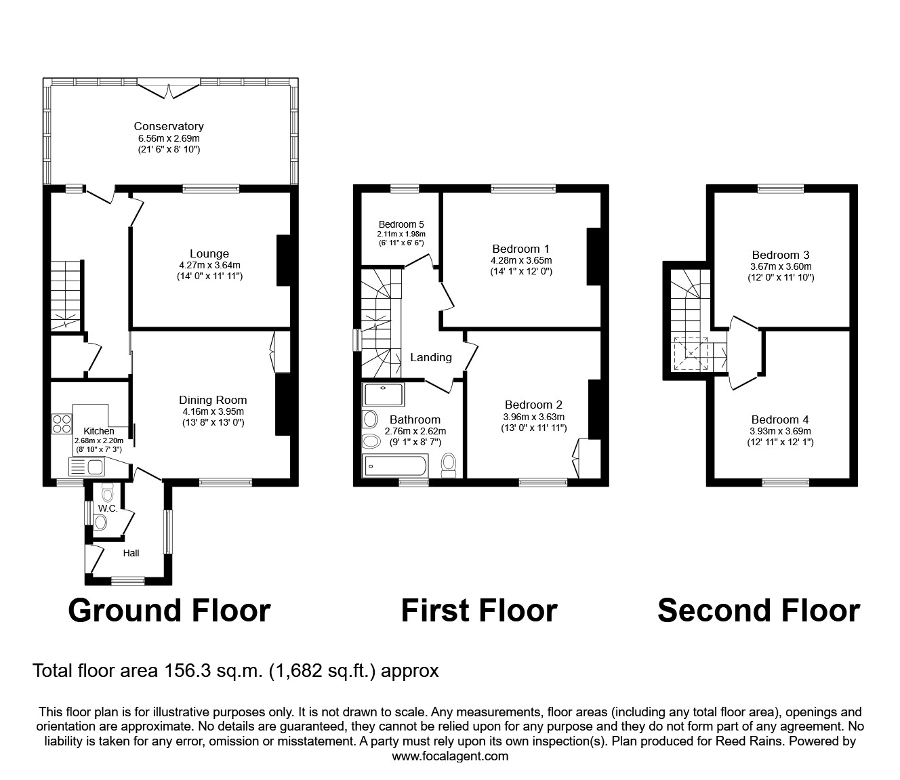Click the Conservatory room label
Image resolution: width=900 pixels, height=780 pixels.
coord(168,126)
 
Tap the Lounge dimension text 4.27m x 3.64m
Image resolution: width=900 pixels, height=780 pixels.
coord(209,265)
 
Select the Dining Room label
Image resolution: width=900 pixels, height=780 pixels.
coord(213,400)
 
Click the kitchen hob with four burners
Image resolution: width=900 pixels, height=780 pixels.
coord(62,424)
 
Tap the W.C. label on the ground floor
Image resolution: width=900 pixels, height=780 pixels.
coord(108,508)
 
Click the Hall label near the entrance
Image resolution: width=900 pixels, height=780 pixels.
coord(131,553)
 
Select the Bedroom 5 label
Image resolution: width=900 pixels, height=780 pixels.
coord(401,224)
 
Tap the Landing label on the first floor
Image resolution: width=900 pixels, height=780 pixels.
coord(431,357)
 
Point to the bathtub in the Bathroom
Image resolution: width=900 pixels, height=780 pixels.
coord(395,466)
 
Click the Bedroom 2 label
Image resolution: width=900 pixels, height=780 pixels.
coord(533,405)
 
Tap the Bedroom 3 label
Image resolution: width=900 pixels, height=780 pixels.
coord(779,255)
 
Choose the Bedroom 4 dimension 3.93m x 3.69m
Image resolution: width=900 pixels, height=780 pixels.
coord(780,431)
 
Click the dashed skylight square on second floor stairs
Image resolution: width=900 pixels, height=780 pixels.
coord(689,353)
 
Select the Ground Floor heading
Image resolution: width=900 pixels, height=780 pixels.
coord(169,610)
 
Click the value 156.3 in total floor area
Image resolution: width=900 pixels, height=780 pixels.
coord(187,671)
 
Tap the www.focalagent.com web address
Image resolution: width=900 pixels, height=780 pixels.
coord(450,756)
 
